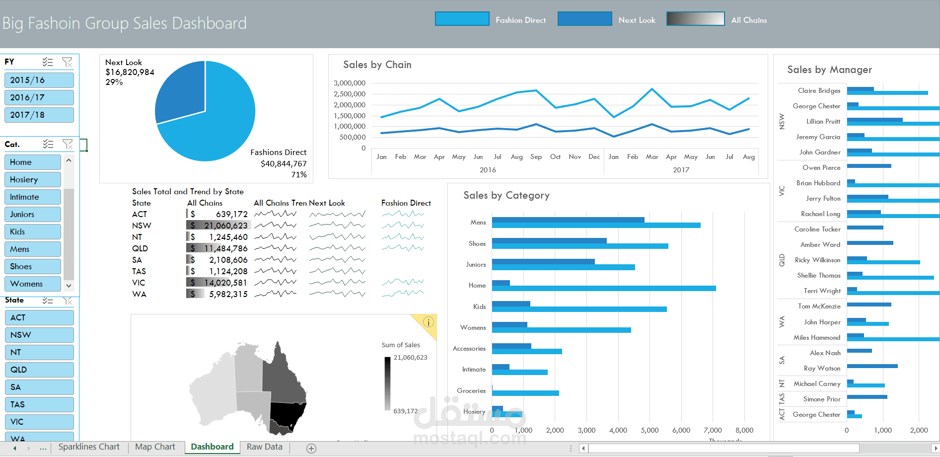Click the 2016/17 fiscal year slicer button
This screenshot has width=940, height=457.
point(39,97)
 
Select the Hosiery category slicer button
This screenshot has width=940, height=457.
point(32,179)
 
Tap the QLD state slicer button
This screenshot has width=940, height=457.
point(39,370)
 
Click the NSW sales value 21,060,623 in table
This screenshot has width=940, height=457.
point(225,226)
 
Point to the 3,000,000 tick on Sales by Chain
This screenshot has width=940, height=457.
point(350,83)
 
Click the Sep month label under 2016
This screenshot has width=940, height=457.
point(536,156)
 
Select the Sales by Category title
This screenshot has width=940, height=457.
point(506,195)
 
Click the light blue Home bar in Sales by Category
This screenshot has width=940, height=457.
point(603,289)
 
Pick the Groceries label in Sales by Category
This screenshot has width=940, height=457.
point(471,390)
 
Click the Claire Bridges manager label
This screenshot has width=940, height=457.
point(819,90)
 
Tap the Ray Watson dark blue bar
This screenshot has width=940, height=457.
point(872,366)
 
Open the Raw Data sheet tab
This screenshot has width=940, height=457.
point(264,447)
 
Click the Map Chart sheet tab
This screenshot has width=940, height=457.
point(155,447)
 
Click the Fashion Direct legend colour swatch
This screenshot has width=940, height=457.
point(462,19)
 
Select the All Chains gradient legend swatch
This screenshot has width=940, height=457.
point(695,19)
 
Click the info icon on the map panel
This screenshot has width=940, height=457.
point(428,322)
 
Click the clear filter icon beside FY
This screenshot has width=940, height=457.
point(67,62)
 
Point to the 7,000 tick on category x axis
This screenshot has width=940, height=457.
point(713,430)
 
